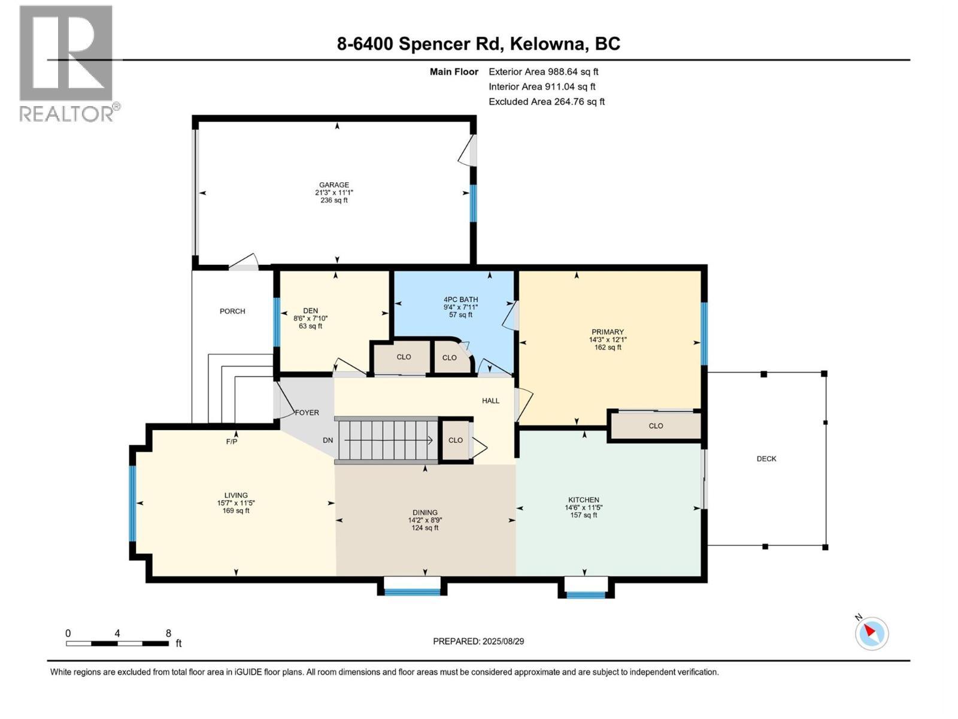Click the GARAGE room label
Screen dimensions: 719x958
pyautogui.click(x=334, y=185)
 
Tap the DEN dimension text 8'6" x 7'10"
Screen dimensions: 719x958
pyautogui.click(x=310, y=318)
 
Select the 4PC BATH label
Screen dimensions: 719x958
pyautogui.click(x=460, y=300)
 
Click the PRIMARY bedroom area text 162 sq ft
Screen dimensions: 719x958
pyautogui.click(x=608, y=348)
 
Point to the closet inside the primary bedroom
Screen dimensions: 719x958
pyautogui.click(x=656, y=426)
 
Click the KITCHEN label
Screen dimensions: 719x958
pyautogui.click(x=583, y=500)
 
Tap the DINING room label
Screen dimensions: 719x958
pyautogui.click(x=425, y=512)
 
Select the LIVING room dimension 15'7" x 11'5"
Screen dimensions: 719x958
pyautogui.click(x=236, y=503)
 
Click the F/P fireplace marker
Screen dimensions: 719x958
pyautogui.click(x=232, y=442)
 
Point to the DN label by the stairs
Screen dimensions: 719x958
pyautogui.click(x=328, y=440)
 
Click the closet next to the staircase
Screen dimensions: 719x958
pyautogui.click(x=456, y=440)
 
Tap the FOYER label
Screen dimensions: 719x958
pyautogui.click(x=307, y=413)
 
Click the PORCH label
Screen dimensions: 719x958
pyautogui.click(x=232, y=311)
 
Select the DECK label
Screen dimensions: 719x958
pyautogui.click(x=766, y=459)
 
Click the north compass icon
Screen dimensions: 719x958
pyautogui.click(x=871, y=633)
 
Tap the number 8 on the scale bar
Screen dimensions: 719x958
pyautogui.click(x=168, y=633)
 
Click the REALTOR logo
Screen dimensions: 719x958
pyautogui.click(x=66, y=63)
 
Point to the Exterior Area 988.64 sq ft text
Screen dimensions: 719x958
pyautogui.click(x=543, y=71)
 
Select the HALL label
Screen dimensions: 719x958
pyautogui.click(x=490, y=401)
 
